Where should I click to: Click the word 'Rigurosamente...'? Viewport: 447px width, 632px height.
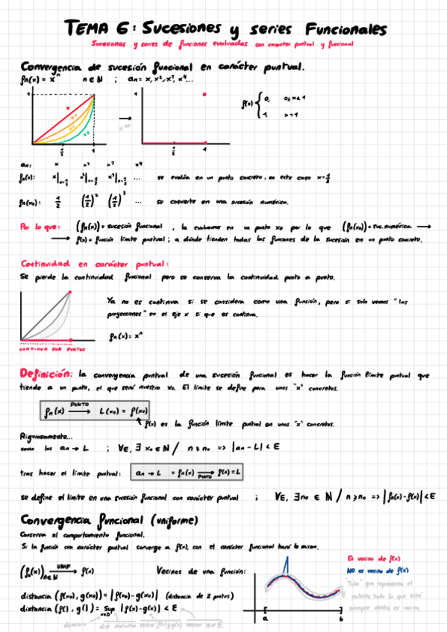click(46, 437)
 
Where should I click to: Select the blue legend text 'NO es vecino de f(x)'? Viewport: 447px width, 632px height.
click(378, 569)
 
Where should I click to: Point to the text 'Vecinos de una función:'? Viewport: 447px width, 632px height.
click(196, 572)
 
